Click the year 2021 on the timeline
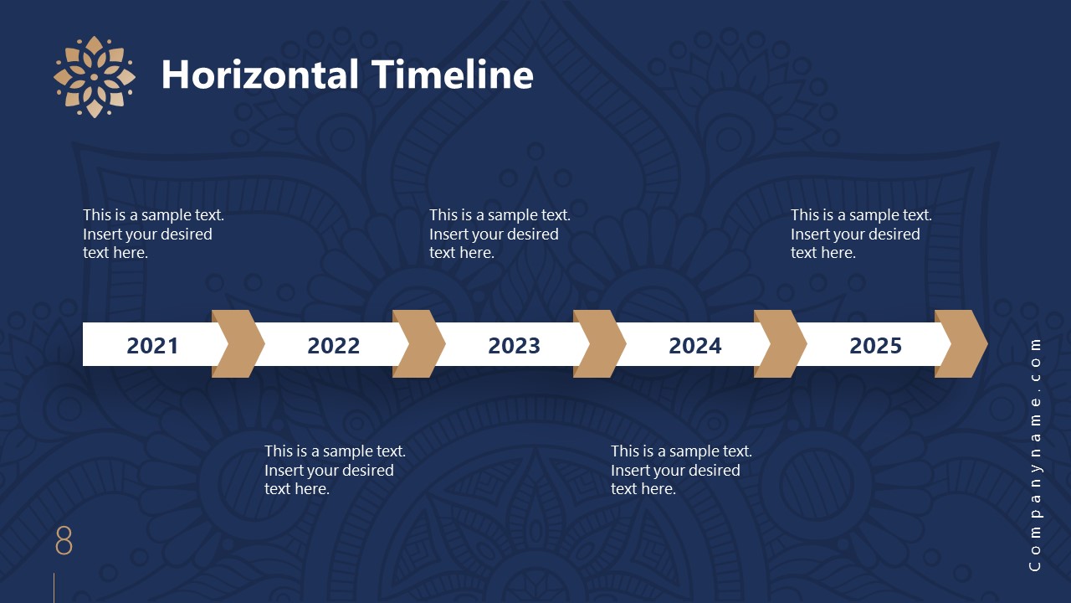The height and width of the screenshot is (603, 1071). click(152, 345)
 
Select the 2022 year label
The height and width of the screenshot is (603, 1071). click(333, 345)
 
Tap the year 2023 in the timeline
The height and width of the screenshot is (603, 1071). click(514, 345)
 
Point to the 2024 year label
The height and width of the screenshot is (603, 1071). click(694, 345)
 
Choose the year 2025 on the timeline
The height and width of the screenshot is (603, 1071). click(875, 345)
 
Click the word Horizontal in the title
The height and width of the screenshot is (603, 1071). click(260, 75)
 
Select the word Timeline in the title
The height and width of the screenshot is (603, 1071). click(453, 75)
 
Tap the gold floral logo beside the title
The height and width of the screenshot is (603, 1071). click(94, 76)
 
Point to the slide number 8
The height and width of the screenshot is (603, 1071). click(64, 541)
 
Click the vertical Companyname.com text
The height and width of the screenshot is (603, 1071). click(1035, 455)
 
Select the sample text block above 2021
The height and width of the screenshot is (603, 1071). click(153, 234)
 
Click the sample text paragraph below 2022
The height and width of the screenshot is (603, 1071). click(335, 470)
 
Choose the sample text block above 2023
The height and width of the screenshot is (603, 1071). click(500, 234)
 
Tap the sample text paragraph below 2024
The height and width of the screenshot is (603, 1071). click(681, 470)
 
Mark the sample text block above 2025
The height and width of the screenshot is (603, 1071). click(861, 234)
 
